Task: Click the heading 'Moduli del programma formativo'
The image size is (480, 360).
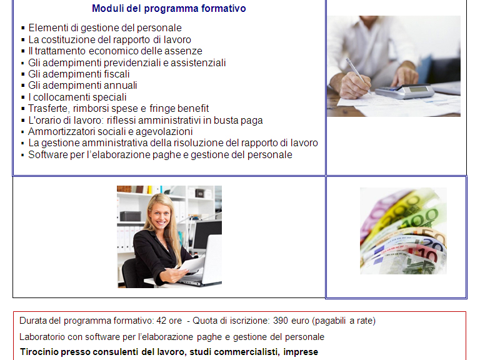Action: point(169,9)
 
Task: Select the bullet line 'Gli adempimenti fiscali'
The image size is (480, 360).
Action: point(79,74)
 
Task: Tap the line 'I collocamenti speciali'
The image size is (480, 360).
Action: point(77,97)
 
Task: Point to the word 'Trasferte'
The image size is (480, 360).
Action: point(48,109)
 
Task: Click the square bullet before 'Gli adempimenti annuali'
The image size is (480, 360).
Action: point(23,86)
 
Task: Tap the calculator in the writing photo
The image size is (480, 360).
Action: point(404,91)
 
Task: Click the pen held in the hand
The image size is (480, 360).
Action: point(358,75)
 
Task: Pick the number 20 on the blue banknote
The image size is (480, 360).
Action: point(432,244)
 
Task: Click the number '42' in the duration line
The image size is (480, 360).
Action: point(161,321)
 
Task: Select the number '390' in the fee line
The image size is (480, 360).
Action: point(281,321)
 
